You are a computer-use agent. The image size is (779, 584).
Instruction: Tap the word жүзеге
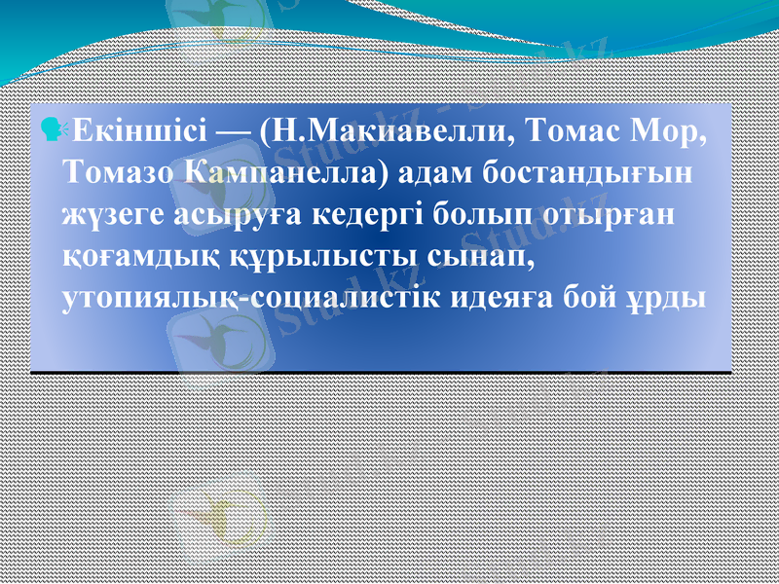click(104, 216)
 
